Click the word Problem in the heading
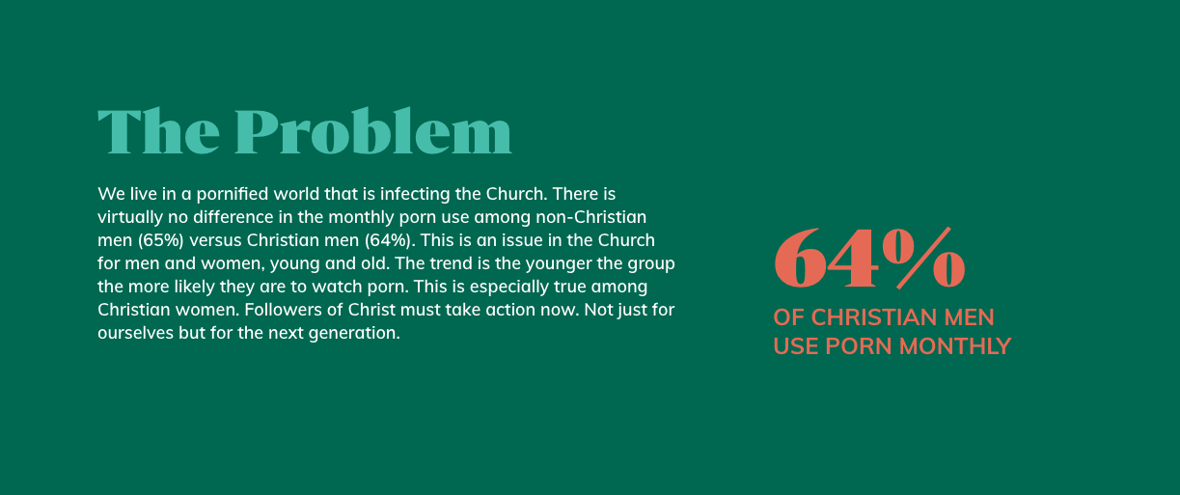pyautogui.click(x=373, y=130)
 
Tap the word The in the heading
pyautogui.click(x=158, y=131)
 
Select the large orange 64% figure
pyautogui.click(x=869, y=258)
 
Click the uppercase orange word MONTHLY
pyautogui.click(x=955, y=346)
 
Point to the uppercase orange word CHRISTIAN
pyautogui.click(x=874, y=317)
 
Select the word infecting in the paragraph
pyautogui.click(x=415, y=194)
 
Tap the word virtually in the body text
pyautogui.click(x=130, y=217)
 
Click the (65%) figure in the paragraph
pyautogui.click(x=161, y=240)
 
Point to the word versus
pyautogui.click(x=215, y=240)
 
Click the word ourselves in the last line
pyautogui.click(x=135, y=333)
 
